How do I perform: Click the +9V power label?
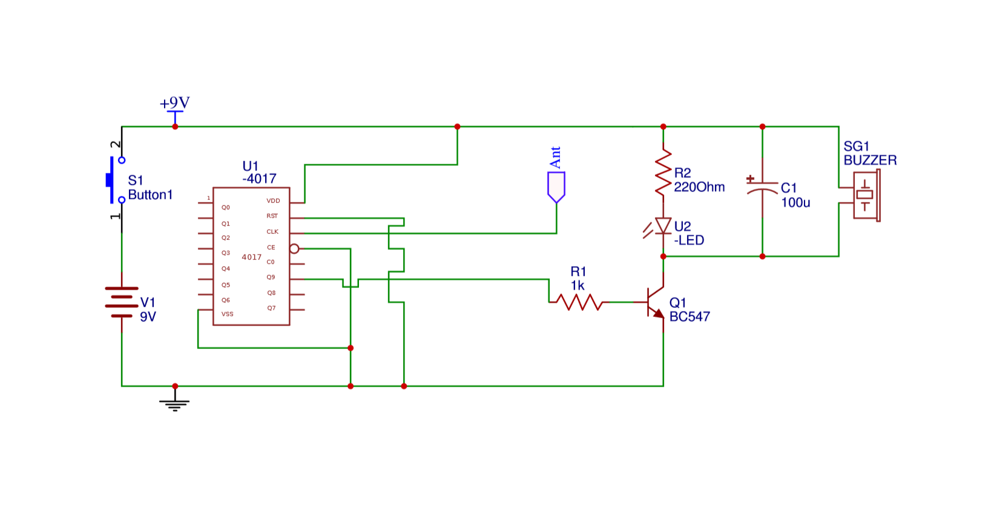(x=175, y=103)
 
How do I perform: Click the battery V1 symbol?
(x=122, y=302)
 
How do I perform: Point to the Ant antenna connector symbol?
(x=556, y=187)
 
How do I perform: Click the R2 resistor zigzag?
(x=664, y=173)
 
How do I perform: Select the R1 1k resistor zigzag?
(x=579, y=302)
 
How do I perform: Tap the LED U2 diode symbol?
(x=664, y=227)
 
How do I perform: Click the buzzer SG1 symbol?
(x=866, y=195)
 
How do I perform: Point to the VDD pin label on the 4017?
(x=273, y=201)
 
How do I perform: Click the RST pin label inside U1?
(x=272, y=216)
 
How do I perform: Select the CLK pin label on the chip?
(x=272, y=231)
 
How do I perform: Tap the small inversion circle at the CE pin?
(x=294, y=248)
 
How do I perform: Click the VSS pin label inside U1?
(x=227, y=314)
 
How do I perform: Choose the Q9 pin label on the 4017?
(x=271, y=277)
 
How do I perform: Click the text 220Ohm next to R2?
(x=699, y=187)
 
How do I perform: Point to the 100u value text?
(x=795, y=202)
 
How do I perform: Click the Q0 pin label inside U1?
(x=225, y=207)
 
